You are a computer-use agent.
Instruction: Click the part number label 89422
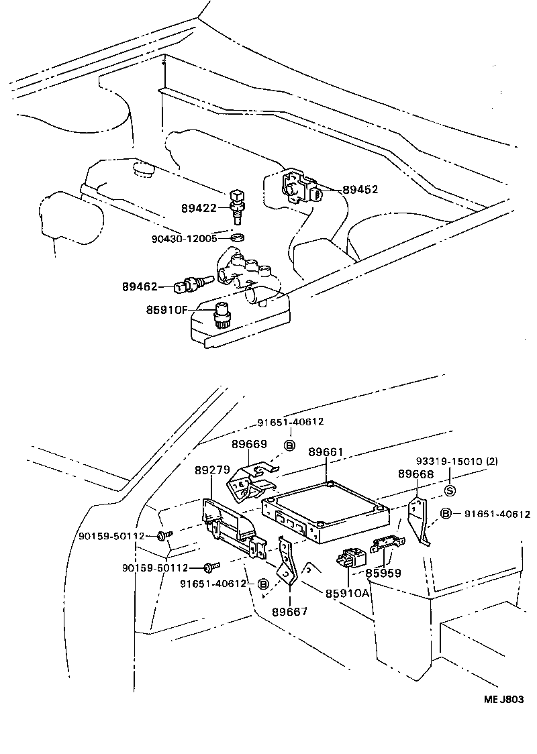(198, 209)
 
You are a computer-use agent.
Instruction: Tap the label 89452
(360, 190)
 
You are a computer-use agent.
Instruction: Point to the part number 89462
(140, 286)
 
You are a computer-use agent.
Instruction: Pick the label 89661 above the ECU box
(326, 452)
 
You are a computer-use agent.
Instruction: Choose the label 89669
(249, 444)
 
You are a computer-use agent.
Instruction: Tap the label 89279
(212, 472)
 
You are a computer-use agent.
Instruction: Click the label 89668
(415, 474)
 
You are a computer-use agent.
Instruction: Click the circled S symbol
(450, 491)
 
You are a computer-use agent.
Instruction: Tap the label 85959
(383, 574)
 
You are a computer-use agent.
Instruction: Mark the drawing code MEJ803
(503, 699)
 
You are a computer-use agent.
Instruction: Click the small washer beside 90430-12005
(236, 238)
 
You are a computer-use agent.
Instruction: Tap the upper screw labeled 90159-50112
(164, 535)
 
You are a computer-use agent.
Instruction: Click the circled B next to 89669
(290, 445)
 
